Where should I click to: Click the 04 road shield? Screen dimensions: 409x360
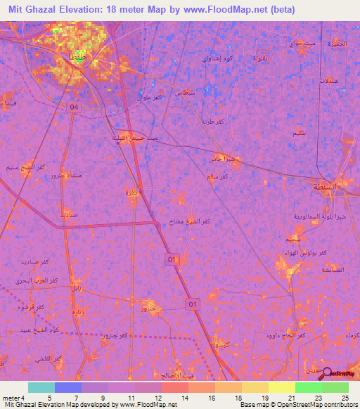75,107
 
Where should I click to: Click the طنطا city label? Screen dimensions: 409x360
76,55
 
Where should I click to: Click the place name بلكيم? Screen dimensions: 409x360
297,133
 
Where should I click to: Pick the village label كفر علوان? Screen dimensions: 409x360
150,96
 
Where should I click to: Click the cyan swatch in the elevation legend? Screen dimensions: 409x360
41,387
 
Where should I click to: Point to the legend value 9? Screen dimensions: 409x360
95,398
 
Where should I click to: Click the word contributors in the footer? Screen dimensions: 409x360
340,405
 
